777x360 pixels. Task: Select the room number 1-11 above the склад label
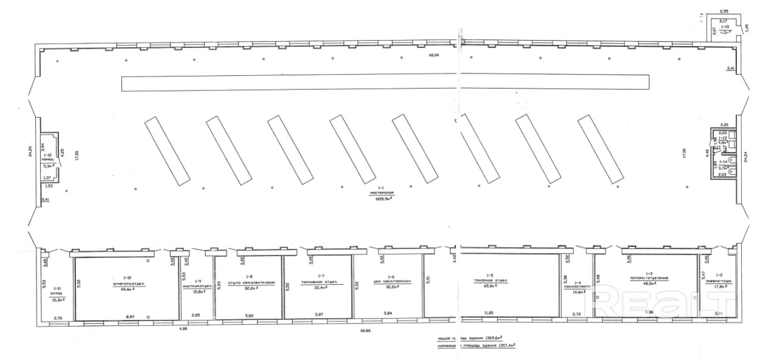tap(57, 288)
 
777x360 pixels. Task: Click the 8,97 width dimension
tap(129, 317)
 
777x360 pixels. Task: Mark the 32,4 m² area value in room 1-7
tap(319, 287)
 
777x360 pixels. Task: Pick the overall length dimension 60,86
tap(366, 331)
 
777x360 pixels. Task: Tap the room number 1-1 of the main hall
tap(381, 188)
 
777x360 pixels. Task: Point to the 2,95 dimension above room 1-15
tap(724, 11)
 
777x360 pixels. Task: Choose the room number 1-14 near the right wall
tap(722, 161)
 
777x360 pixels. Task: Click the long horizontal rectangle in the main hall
tap(385, 83)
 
